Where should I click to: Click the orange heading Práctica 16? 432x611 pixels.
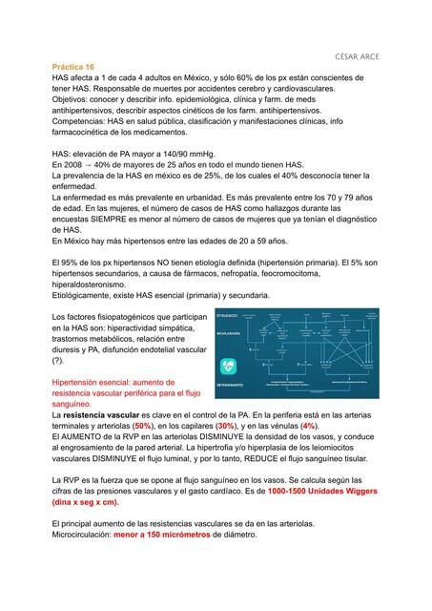pyautogui.click(x=72, y=68)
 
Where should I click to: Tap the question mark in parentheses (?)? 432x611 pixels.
pyautogui.click(x=59, y=363)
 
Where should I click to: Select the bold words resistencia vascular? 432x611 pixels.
pyautogui.click(x=101, y=416)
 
